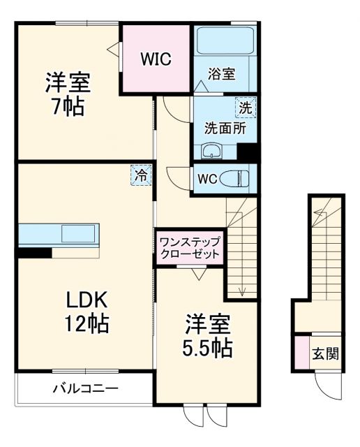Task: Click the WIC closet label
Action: pyautogui.click(x=156, y=59)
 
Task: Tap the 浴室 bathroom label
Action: pyautogui.click(x=222, y=75)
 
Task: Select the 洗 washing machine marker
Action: pyautogui.click(x=245, y=108)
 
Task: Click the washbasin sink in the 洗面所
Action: pyautogui.click(x=211, y=151)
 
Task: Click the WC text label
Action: pyautogui.click(x=207, y=178)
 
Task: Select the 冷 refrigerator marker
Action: pyautogui.click(x=141, y=175)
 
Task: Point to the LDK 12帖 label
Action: pyautogui.click(x=87, y=312)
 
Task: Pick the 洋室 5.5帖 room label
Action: pyautogui.click(x=209, y=336)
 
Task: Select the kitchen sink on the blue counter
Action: pyautogui.click(x=80, y=233)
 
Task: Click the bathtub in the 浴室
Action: pyautogui.click(x=225, y=43)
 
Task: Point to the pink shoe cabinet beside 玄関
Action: pyautogui.click(x=301, y=353)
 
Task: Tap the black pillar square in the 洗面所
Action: pyautogui.click(x=247, y=152)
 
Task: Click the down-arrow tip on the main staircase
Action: pyautogui.click(x=241, y=294)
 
